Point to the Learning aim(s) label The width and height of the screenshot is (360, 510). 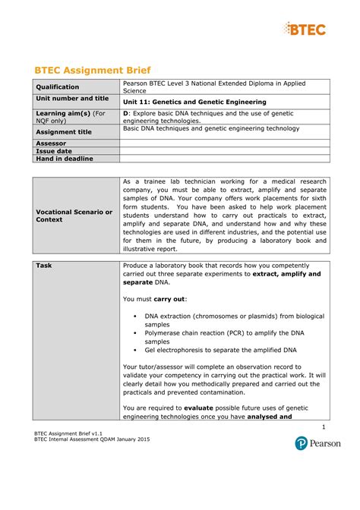tap(69, 117)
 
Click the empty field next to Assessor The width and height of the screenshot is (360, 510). tap(225, 143)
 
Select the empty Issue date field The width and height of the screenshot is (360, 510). tap(225, 151)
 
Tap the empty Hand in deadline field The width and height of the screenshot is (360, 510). tap(225, 159)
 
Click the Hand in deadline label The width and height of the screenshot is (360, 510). tap(65, 159)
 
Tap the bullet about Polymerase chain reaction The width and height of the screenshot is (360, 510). tap(228, 337)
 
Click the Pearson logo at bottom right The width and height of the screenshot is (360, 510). tap(318, 443)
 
